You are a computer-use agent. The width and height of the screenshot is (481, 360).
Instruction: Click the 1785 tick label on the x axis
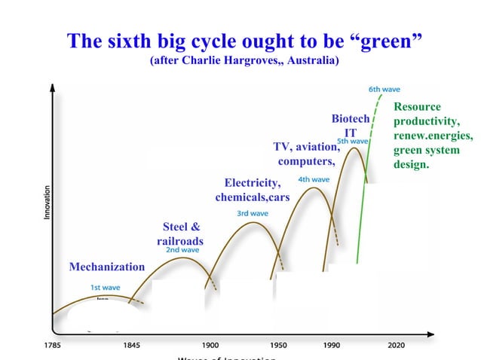point(52,346)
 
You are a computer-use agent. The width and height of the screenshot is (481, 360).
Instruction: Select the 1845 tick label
point(132,346)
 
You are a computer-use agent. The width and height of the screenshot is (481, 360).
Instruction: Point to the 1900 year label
point(210,346)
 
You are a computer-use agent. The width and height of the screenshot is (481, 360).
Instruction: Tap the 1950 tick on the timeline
point(278,346)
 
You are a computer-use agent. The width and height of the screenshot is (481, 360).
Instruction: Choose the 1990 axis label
point(331,346)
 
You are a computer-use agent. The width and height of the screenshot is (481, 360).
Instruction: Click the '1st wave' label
point(106,287)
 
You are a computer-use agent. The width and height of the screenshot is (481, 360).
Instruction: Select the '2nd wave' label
point(182,250)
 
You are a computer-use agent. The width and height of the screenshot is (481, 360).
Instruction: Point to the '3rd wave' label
point(253,213)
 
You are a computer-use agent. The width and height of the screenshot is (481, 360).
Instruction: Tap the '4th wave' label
point(314,179)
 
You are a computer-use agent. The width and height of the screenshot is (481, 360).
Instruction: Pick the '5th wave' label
point(352,141)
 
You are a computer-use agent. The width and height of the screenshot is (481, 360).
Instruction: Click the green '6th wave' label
point(384,89)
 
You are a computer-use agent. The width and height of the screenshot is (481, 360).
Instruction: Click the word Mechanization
point(106,267)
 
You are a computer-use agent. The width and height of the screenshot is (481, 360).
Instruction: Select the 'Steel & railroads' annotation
point(180,233)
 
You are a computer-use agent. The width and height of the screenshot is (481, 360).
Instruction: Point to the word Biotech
point(351,119)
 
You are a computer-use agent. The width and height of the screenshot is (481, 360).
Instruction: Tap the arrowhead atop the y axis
point(52,87)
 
